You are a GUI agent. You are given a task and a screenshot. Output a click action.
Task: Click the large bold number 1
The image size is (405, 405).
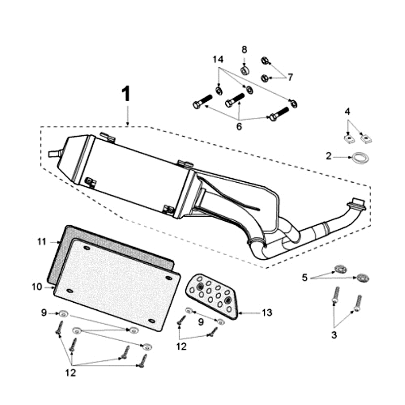point(126,95)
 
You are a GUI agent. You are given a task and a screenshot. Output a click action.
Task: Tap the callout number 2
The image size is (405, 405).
point(329,156)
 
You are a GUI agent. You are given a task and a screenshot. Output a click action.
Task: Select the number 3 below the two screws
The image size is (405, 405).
point(334,335)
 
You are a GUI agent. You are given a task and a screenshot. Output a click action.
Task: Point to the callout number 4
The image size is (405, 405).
point(347,111)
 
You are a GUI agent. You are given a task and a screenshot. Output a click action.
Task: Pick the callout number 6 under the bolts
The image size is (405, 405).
point(239,127)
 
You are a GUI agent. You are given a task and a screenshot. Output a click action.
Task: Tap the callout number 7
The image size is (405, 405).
point(290,77)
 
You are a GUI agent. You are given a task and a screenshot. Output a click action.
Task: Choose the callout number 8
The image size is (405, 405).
point(244,50)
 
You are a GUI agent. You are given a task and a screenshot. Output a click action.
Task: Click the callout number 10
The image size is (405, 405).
point(36,287)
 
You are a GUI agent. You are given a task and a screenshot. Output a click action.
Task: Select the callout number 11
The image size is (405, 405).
point(42,242)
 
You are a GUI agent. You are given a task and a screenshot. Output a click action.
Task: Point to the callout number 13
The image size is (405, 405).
point(267,313)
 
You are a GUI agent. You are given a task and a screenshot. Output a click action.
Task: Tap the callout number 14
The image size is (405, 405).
point(218,60)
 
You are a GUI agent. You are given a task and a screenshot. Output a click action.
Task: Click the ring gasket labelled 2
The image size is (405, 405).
point(359,158)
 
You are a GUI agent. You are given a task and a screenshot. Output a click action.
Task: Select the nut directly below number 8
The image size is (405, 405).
point(244,70)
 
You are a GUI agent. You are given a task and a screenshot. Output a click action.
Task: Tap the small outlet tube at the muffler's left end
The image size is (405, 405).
point(53,153)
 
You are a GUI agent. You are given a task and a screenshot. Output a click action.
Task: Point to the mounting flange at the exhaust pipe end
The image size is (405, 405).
point(358,204)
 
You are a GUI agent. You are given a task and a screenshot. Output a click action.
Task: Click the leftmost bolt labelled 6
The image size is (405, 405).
point(201,103)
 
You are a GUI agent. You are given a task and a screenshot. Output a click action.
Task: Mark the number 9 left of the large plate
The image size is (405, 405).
point(44,313)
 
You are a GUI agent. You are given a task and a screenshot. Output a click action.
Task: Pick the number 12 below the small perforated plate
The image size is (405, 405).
point(181,347)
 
